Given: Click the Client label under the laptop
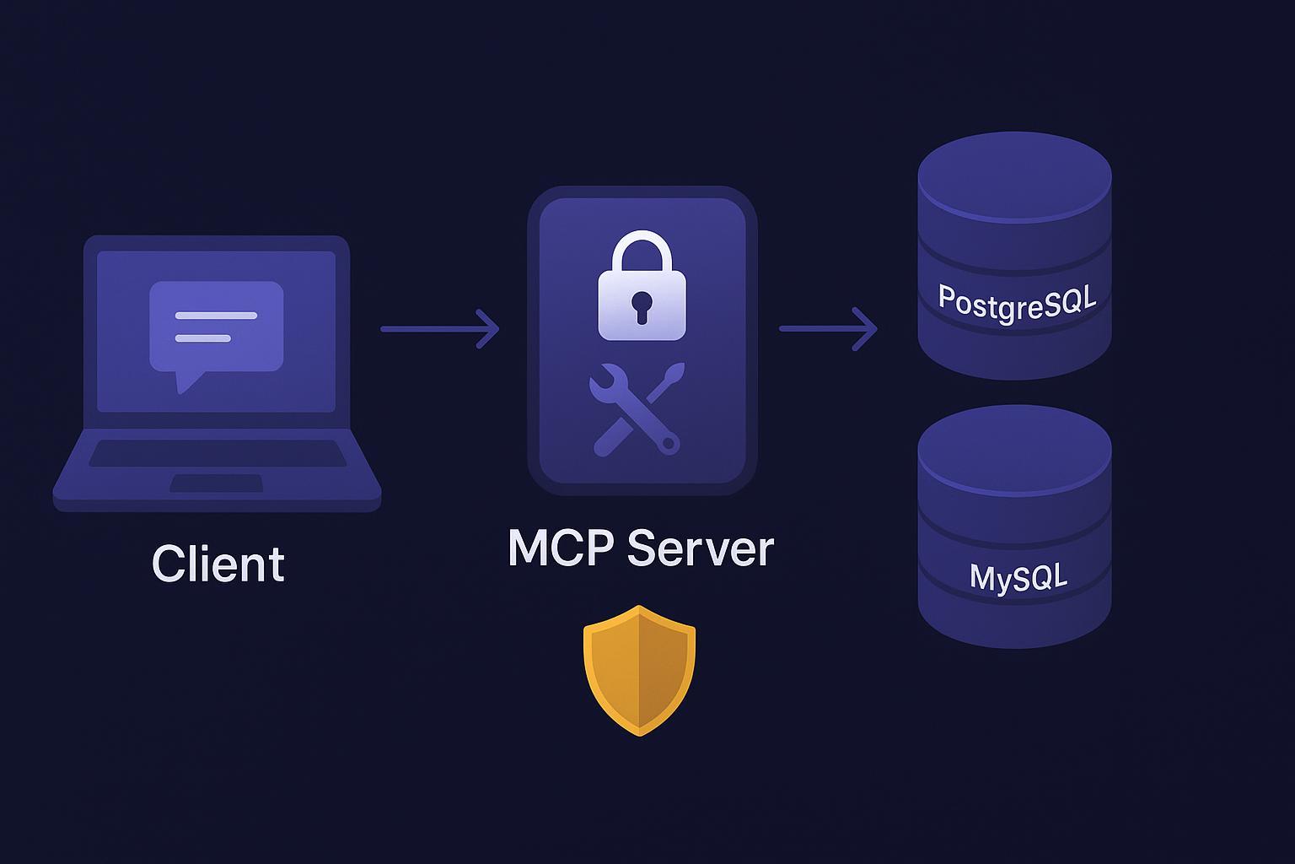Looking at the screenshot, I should click(218, 564).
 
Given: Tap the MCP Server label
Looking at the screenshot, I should click(641, 548).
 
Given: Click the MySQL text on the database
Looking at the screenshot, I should click(1018, 577).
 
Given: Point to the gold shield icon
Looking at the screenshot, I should click(640, 670).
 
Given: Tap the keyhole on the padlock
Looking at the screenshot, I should click(642, 305).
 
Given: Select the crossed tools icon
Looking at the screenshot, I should click(637, 408).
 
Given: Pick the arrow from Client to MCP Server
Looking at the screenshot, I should click(439, 328).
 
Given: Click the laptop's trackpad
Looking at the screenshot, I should click(217, 483).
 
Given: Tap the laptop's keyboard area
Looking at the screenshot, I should click(218, 453).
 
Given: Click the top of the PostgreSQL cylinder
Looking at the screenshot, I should click(1014, 173).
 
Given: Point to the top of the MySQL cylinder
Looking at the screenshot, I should click(1014, 448).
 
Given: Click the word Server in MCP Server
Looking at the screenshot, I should click(701, 548).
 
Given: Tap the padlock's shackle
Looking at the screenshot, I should click(642, 250).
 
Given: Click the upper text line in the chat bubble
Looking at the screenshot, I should click(216, 316).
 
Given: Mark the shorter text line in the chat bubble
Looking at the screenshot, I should click(202, 338).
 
